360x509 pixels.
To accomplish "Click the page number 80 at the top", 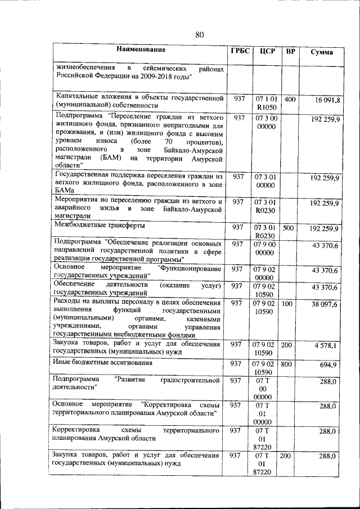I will (199, 35).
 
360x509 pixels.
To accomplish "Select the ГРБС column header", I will (240, 51).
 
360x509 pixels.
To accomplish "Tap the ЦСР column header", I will (267, 52).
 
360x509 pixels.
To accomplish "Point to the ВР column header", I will (290, 52).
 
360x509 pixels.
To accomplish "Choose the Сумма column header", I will (322, 52).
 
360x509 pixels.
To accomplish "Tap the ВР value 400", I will (290, 99).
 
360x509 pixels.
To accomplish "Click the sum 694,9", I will (328, 365).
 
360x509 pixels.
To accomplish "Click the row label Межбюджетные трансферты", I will (92, 225).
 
